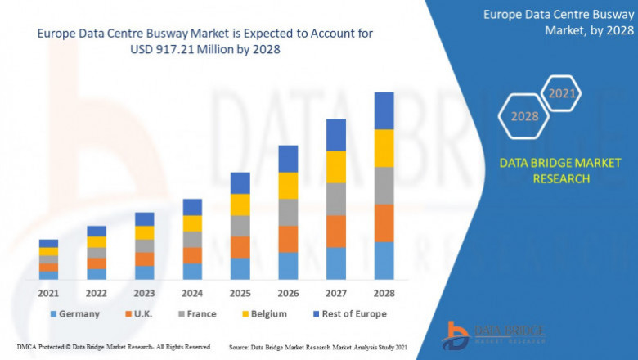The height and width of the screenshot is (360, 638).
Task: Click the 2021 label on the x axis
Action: point(48,292)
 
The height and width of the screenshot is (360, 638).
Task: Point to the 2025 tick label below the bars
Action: point(240,292)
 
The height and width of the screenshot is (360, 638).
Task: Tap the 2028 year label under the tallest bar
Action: point(384,292)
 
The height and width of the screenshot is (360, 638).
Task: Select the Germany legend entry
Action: point(74,313)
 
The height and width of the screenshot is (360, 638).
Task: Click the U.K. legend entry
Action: point(141,313)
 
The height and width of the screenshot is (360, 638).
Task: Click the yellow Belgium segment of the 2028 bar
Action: point(384,148)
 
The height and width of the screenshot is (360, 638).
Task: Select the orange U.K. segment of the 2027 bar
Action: point(336,231)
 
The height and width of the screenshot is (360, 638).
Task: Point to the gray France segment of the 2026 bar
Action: point(288,212)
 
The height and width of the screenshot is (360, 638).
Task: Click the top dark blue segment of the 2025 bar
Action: point(240,182)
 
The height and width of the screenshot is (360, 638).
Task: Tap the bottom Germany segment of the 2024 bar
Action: point(192,271)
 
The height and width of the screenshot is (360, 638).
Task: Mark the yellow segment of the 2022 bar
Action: point(97,241)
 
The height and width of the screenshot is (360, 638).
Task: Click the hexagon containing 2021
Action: point(562,93)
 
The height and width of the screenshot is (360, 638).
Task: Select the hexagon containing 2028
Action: point(524,116)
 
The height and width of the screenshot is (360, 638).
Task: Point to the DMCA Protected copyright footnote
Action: point(114,347)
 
